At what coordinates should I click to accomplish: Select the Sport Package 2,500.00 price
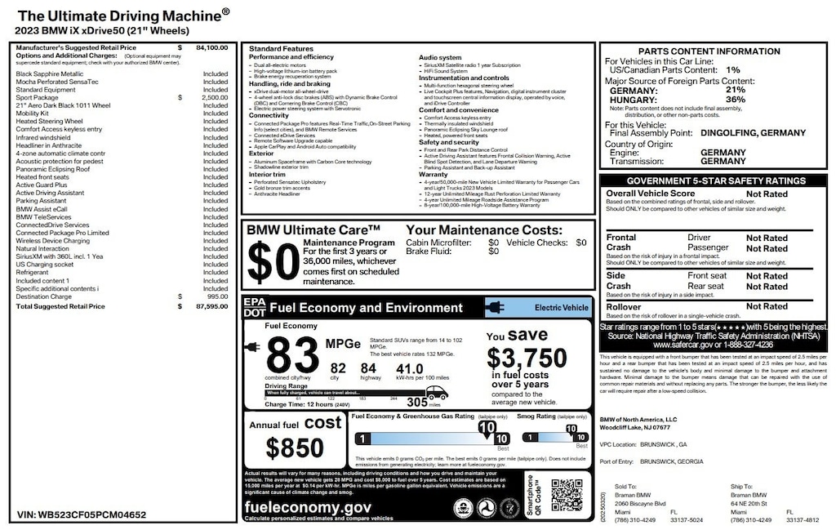216,97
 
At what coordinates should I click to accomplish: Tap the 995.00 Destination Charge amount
217,296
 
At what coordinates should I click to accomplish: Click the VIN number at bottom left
82,515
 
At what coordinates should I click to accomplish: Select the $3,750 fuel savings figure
527,358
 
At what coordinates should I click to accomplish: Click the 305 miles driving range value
417,402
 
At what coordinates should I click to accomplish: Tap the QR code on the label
567,495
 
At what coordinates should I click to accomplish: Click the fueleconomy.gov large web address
308,507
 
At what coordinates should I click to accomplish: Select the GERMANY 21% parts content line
677,91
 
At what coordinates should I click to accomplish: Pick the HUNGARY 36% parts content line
677,100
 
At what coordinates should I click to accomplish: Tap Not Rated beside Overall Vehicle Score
767,194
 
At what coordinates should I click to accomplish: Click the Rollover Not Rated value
767,307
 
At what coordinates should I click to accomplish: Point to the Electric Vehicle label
561,308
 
